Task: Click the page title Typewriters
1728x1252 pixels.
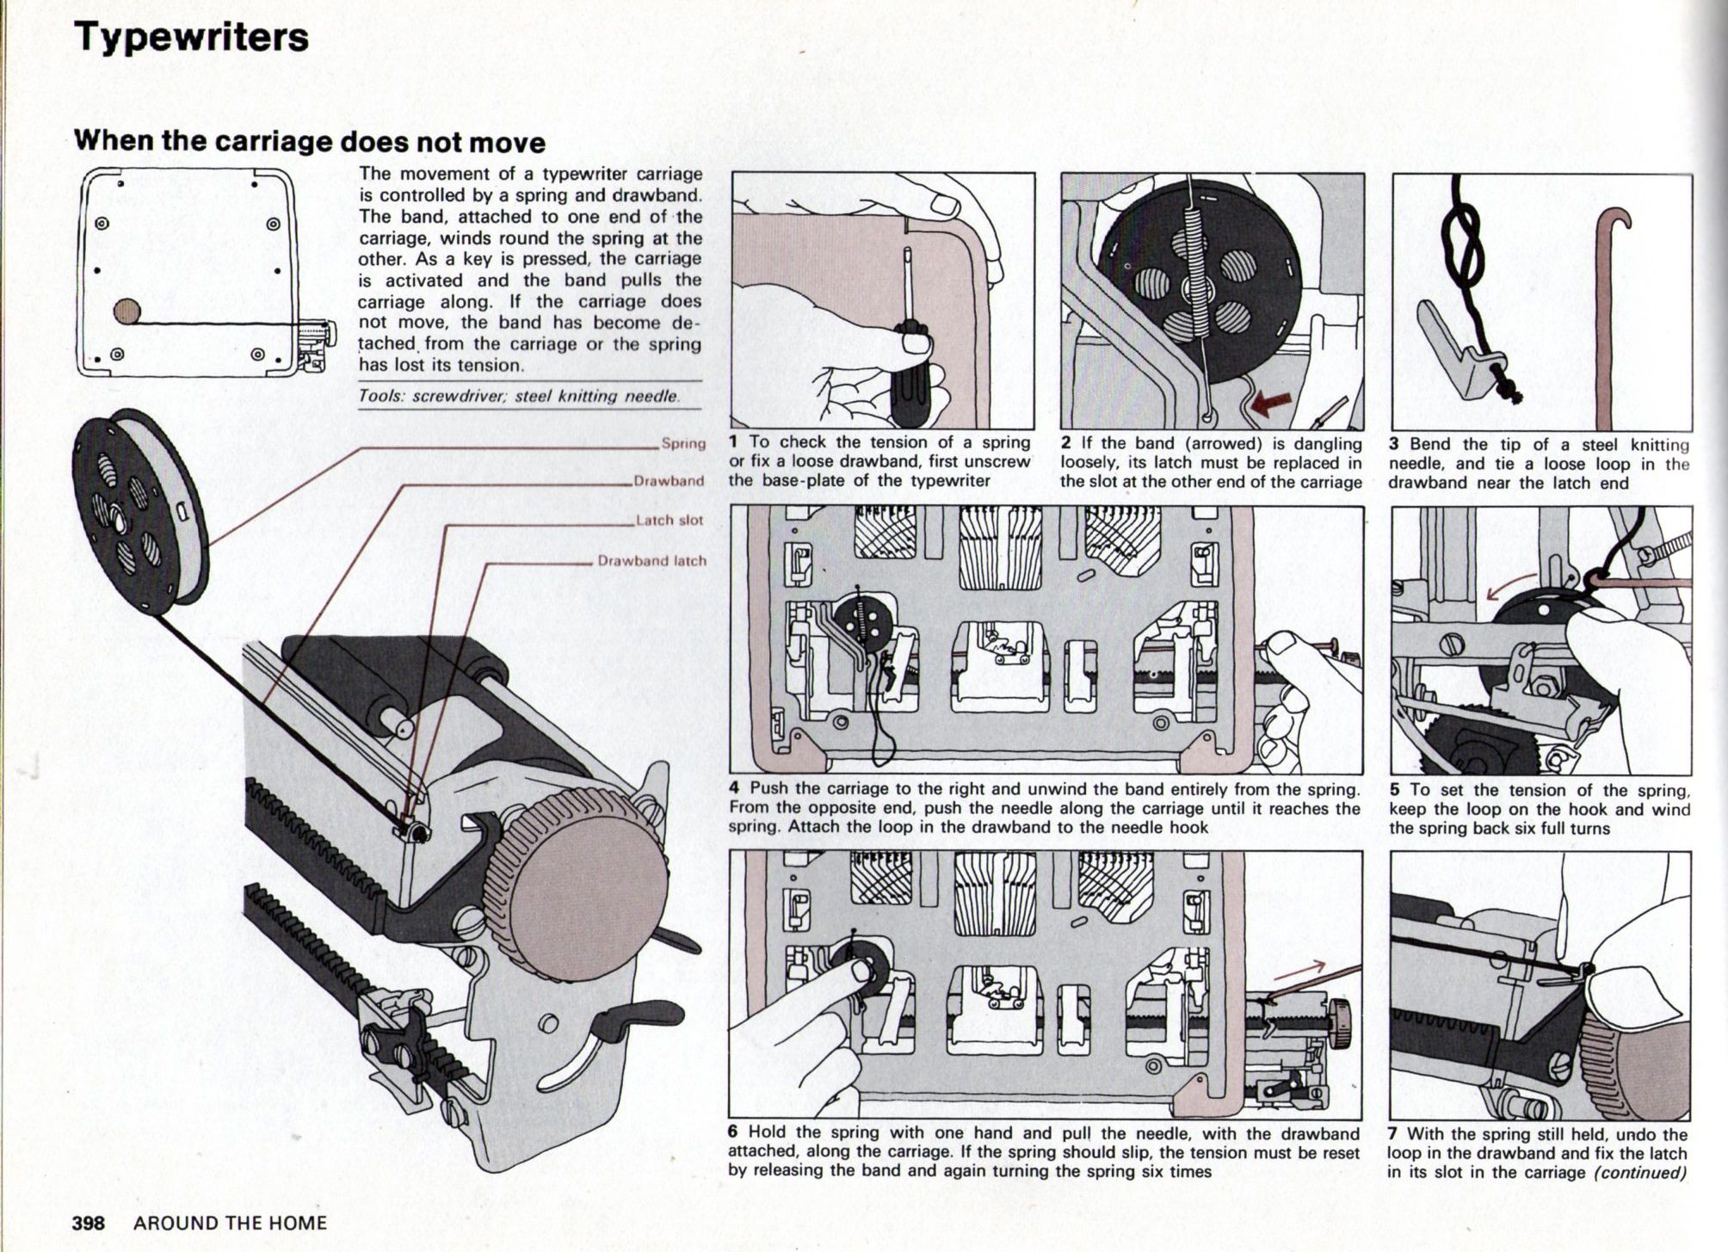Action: [x=191, y=38]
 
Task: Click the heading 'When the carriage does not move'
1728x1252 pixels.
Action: [x=310, y=141]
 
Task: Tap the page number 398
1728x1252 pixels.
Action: [x=89, y=1223]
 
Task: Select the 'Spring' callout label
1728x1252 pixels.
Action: [x=683, y=444]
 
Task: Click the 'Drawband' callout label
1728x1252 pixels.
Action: [x=669, y=481]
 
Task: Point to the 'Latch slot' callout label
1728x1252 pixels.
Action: [x=669, y=521]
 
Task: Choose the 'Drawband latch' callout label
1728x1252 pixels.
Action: [x=651, y=561]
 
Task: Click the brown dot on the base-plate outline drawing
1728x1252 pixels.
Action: [x=127, y=311]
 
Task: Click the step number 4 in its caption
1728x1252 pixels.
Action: [x=734, y=788]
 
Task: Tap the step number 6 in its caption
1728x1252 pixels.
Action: [x=734, y=1132]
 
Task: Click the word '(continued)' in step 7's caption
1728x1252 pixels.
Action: [x=1639, y=1173]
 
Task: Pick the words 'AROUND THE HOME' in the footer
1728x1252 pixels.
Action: [x=230, y=1223]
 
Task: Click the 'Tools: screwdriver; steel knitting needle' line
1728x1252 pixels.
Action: [x=519, y=397]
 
